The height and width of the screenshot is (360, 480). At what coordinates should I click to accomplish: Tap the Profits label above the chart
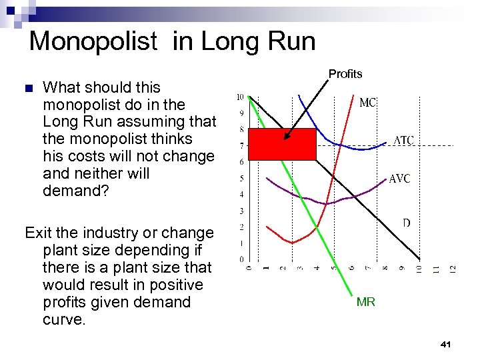tap(345, 74)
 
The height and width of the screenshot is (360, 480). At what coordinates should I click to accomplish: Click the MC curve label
tap(368, 103)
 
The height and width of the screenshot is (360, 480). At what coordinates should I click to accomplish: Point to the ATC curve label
tap(403, 141)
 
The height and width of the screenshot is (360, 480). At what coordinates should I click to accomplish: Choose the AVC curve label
tap(399, 179)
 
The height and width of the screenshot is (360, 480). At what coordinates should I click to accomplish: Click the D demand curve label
tap(406, 223)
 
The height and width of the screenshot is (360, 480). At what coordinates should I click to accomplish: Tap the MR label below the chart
tap(366, 302)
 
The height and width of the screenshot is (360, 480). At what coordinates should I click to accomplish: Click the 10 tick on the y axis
tap(241, 97)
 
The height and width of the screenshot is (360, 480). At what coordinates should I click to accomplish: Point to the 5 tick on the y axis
tap(241, 178)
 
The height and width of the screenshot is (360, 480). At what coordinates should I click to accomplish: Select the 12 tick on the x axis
tap(453, 269)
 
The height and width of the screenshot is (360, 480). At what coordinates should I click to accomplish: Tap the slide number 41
tap(446, 344)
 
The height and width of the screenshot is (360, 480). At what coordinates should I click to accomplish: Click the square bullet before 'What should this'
tap(28, 88)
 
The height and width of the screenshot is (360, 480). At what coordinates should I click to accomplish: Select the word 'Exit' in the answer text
tap(37, 233)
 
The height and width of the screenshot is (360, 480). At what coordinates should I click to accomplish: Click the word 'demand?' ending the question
tap(71, 191)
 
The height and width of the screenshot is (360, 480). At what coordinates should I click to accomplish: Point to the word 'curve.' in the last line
tap(64, 319)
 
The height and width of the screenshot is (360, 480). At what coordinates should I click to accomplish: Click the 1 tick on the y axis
tap(241, 243)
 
